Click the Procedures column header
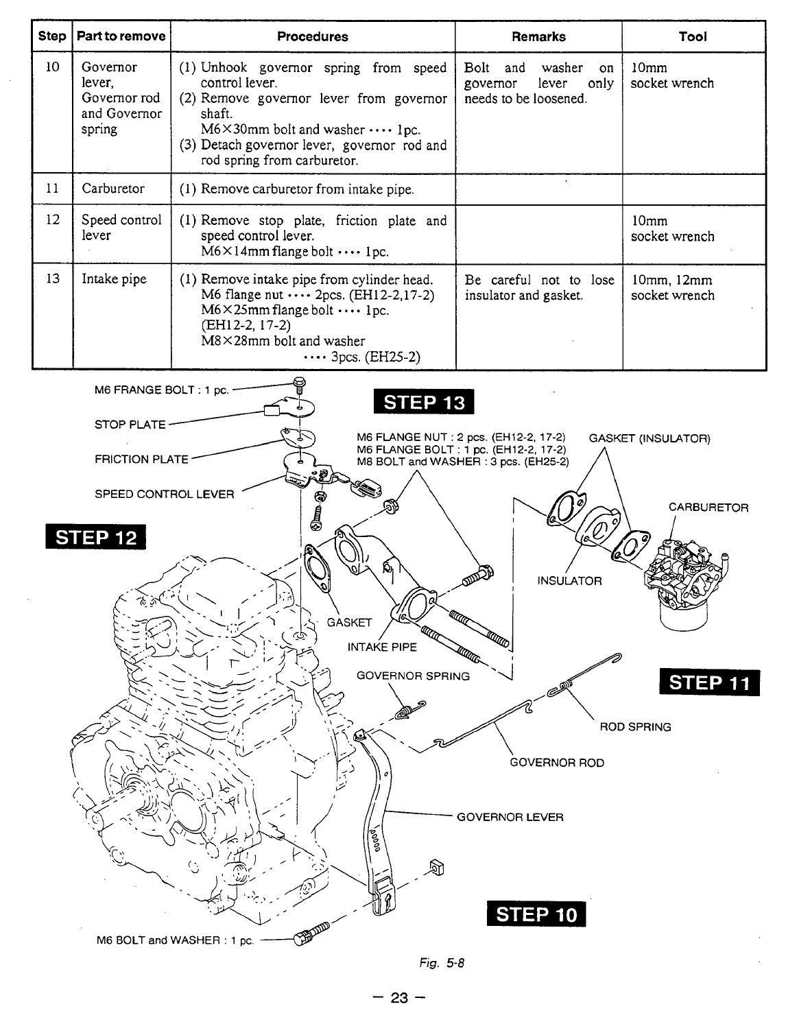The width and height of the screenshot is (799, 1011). tap(312, 37)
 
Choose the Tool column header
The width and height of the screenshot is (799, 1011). tap(693, 37)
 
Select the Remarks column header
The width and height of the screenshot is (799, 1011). tap(538, 37)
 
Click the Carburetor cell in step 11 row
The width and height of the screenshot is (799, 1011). tap(113, 189)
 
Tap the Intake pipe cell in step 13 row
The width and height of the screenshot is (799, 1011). tap(114, 280)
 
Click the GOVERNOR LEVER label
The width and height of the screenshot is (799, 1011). tap(510, 817)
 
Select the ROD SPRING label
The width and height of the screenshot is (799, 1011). tap(635, 726)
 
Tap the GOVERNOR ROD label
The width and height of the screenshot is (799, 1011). tap(558, 762)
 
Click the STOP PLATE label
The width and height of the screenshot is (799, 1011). tap(130, 425)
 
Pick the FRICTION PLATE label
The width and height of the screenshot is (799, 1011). tap(141, 459)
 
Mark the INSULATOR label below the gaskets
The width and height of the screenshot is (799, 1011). tap(569, 581)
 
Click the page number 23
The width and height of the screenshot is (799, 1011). tap(399, 998)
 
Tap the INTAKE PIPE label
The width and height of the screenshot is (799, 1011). tap(382, 646)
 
